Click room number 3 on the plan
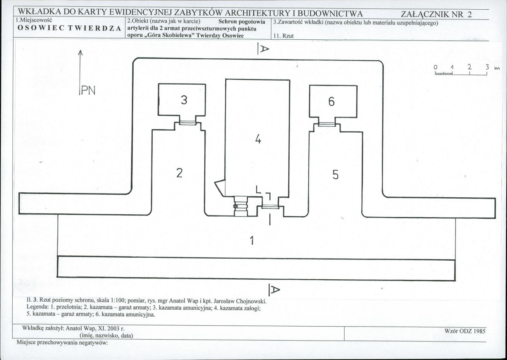(184, 100)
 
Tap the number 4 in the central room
(258, 139)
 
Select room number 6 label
(332, 101)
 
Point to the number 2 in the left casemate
(179, 173)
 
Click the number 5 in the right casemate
(335, 175)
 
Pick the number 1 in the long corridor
(252, 240)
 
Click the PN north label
(88, 90)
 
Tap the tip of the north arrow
(80, 50)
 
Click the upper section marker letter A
(264, 49)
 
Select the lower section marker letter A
(274, 290)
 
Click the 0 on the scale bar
(436, 67)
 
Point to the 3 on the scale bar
(487, 67)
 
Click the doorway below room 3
(188, 123)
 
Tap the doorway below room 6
(326, 124)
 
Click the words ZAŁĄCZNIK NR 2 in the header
(436, 14)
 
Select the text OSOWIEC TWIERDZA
(69, 28)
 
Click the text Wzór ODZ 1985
(465, 331)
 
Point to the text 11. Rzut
(284, 36)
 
